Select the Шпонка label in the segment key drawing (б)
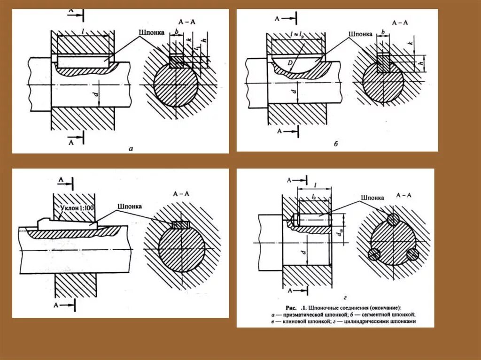pos(360,34)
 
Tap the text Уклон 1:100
pos(78,207)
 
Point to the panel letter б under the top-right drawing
pos(336,144)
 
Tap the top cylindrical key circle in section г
pos(394,219)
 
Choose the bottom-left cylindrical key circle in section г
pos(374,254)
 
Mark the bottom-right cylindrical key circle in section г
pos(412,254)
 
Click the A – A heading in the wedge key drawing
pos(182,193)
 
